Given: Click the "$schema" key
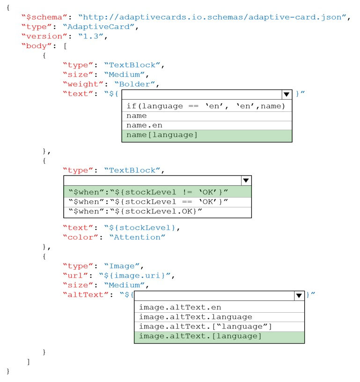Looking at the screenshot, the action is point(44,17).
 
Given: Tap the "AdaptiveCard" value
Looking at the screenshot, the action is point(98,27).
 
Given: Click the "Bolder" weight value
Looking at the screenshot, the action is point(135,84).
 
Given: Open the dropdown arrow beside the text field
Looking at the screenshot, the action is point(287,94).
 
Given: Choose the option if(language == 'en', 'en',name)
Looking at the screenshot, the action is point(206,106).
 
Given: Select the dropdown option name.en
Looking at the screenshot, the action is point(144,125).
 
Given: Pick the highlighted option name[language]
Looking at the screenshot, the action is point(162,135).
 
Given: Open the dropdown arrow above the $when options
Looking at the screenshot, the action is point(246,180).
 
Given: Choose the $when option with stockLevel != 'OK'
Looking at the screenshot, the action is point(148,192).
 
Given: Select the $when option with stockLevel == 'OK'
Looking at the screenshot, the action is point(148,202).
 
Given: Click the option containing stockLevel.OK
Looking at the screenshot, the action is point(135,211).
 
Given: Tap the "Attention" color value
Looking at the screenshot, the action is point(137,237).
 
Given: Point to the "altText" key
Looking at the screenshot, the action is point(86,294).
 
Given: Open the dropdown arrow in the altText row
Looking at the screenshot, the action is point(299,295).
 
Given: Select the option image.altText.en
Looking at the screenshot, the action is point(180,307).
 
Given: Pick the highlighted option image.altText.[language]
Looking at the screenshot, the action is point(200,336).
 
